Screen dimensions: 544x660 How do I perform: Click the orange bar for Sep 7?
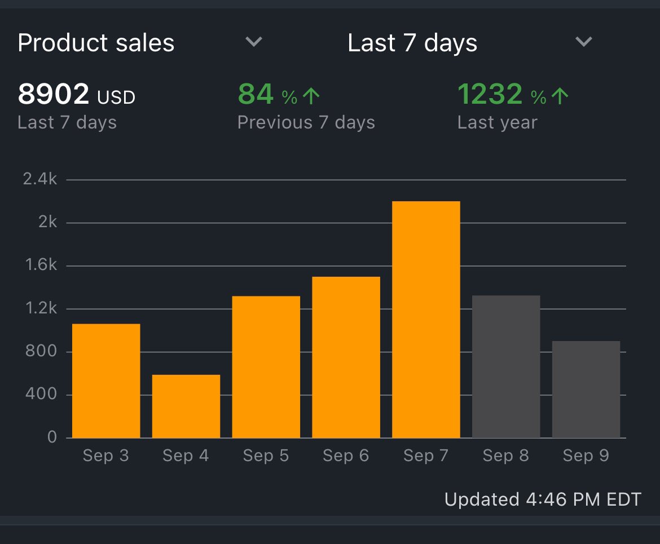tap(426, 320)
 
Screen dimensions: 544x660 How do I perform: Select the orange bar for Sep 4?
tap(186, 406)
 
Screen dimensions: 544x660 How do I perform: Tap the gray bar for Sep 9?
tap(586, 390)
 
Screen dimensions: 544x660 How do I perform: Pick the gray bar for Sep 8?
tap(506, 366)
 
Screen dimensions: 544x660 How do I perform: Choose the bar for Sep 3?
tap(106, 381)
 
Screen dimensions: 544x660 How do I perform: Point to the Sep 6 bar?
tap(346, 357)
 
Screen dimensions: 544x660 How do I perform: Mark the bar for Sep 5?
tap(266, 367)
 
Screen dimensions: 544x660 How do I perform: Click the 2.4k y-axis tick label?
tap(40, 179)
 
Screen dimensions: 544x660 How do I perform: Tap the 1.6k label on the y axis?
tap(40, 265)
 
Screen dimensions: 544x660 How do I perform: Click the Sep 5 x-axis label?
tap(266, 455)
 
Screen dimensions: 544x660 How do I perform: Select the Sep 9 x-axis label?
tap(586, 455)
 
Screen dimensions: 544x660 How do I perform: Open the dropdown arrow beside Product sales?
tap(254, 42)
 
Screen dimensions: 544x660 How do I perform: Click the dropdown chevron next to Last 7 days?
tap(583, 42)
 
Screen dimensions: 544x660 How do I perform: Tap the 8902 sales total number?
tap(54, 94)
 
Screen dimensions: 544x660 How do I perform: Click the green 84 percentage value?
tap(256, 94)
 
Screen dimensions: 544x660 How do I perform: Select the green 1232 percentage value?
tap(490, 94)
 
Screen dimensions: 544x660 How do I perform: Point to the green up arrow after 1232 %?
tap(560, 96)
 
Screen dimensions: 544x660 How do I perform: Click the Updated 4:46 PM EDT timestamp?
tap(543, 499)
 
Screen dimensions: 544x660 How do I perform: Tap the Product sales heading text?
tap(96, 43)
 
